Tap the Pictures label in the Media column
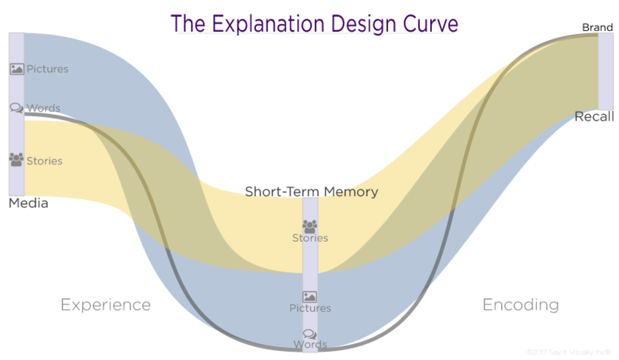tap(47, 69)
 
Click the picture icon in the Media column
tap(17, 68)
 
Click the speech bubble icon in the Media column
tap(17, 108)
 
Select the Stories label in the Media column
tap(44, 161)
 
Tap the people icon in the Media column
tap(17, 159)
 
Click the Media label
tap(28, 203)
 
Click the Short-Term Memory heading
tap(311, 192)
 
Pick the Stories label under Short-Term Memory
tap(310, 238)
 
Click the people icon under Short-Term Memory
tap(310, 226)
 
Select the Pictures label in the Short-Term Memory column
tap(310, 308)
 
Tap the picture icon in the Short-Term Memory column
tap(310, 297)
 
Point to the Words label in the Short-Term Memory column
tap(310, 344)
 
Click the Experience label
tap(106, 305)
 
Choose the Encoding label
tap(521, 305)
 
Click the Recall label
tap(594, 117)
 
